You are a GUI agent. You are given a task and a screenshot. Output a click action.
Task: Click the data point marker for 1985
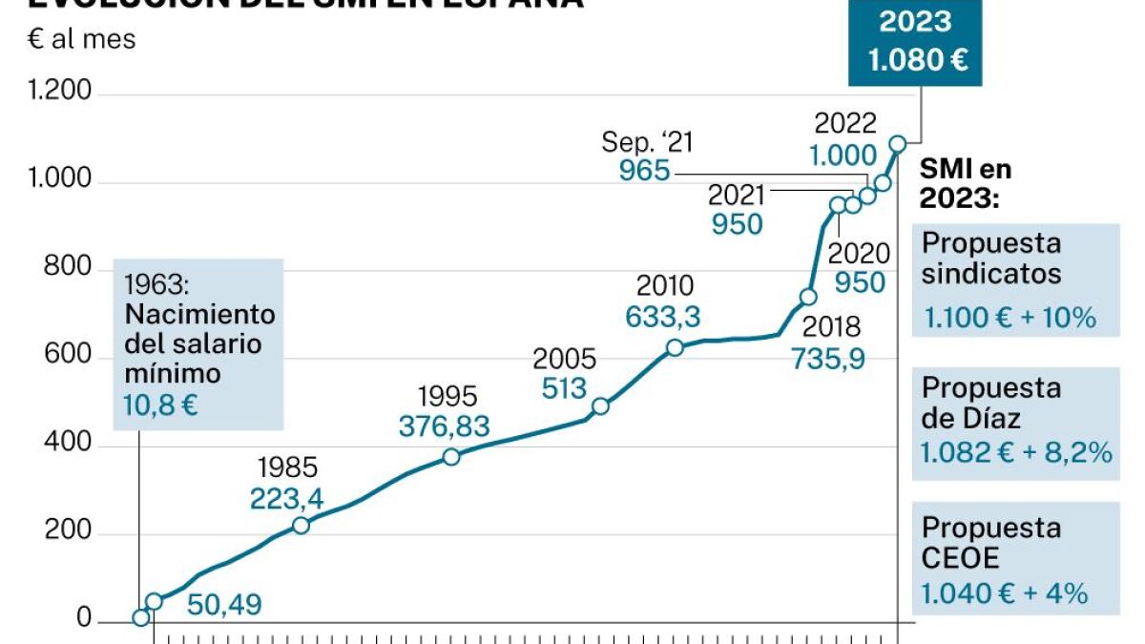[301, 526]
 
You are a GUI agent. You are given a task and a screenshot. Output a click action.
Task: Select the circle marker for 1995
[451, 457]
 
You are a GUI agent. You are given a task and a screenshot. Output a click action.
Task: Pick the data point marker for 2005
[600, 406]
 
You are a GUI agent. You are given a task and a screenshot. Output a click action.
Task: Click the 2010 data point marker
[675, 347]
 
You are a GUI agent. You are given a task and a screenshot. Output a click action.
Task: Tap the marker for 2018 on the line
[808, 297]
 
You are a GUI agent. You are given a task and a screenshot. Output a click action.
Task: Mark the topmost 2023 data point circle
[898, 144]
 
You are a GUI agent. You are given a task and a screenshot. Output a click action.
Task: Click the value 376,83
[444, 426]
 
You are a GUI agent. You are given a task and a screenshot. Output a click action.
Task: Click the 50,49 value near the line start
[224, 604]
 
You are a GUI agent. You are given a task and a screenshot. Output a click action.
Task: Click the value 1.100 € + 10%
[1009, 317]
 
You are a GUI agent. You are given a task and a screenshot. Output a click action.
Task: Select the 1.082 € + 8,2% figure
[1016, 453]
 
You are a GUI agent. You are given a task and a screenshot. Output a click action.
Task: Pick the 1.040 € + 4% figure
[1004, 593]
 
